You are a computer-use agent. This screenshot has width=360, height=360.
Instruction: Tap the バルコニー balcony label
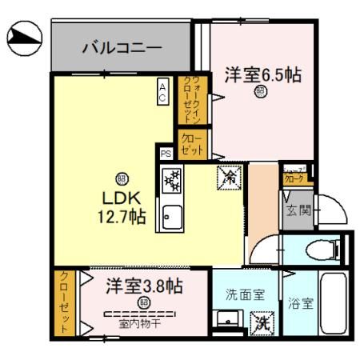pyautogui.click(x=122, y=48)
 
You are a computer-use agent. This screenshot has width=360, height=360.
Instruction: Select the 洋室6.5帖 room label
pyautogui.click(x=262, y=75)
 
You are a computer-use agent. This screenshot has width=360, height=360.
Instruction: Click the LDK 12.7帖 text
pyautogui.click(x=122, y=206)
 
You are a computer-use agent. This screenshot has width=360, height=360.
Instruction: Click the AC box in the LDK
pyautogui.click(x=162, y=93)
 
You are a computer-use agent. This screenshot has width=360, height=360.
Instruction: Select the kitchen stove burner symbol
pyautogui.click(x=173, y=182)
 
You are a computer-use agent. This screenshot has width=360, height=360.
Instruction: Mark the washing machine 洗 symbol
pyautogui.click(x=261, y=323)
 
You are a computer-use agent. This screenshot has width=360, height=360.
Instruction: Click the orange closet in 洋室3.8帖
pyautogui.click(x=62, y=304)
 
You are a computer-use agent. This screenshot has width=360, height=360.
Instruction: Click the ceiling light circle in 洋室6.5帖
pyautogui.click(x=260, y=91)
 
